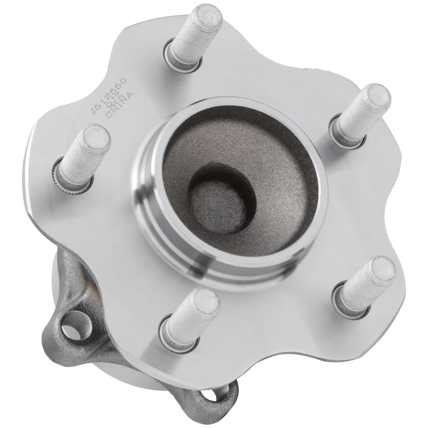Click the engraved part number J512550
(x=108, y=95)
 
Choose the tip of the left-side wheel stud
(x=95, y=137)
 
